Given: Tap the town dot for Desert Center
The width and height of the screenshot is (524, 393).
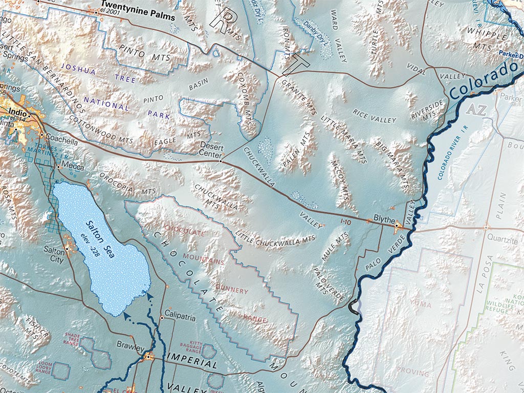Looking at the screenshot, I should [221, 161].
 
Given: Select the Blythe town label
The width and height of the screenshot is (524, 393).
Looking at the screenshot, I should [384, 221].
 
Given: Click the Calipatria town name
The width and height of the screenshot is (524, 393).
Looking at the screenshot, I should [180, 317].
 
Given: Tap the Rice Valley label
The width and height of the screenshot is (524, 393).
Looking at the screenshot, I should [375, 116].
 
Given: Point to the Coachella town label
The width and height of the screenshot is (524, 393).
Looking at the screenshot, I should [61, 137].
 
